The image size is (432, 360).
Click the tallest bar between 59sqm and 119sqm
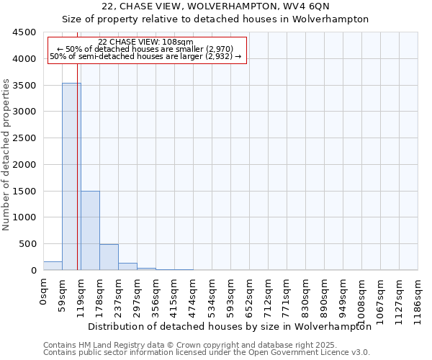tap(71, 176)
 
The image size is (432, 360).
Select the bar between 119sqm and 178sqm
tap(90, 230)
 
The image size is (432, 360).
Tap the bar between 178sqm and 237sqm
tap(109, 257)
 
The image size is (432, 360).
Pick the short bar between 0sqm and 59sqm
tap(53, 266)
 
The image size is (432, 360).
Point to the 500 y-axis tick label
tap(27, 243)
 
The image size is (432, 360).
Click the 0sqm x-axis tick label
tap(44, 292)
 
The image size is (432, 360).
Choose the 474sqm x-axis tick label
tap(194, 295)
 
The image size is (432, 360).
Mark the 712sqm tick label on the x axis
tap(269, 295)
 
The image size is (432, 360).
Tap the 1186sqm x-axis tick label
tap(418, 298)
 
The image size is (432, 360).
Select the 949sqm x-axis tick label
tap(343, 295)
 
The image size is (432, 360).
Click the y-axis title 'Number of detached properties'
tap(7, 155)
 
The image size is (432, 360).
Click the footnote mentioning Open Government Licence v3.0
tap(207, 353)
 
